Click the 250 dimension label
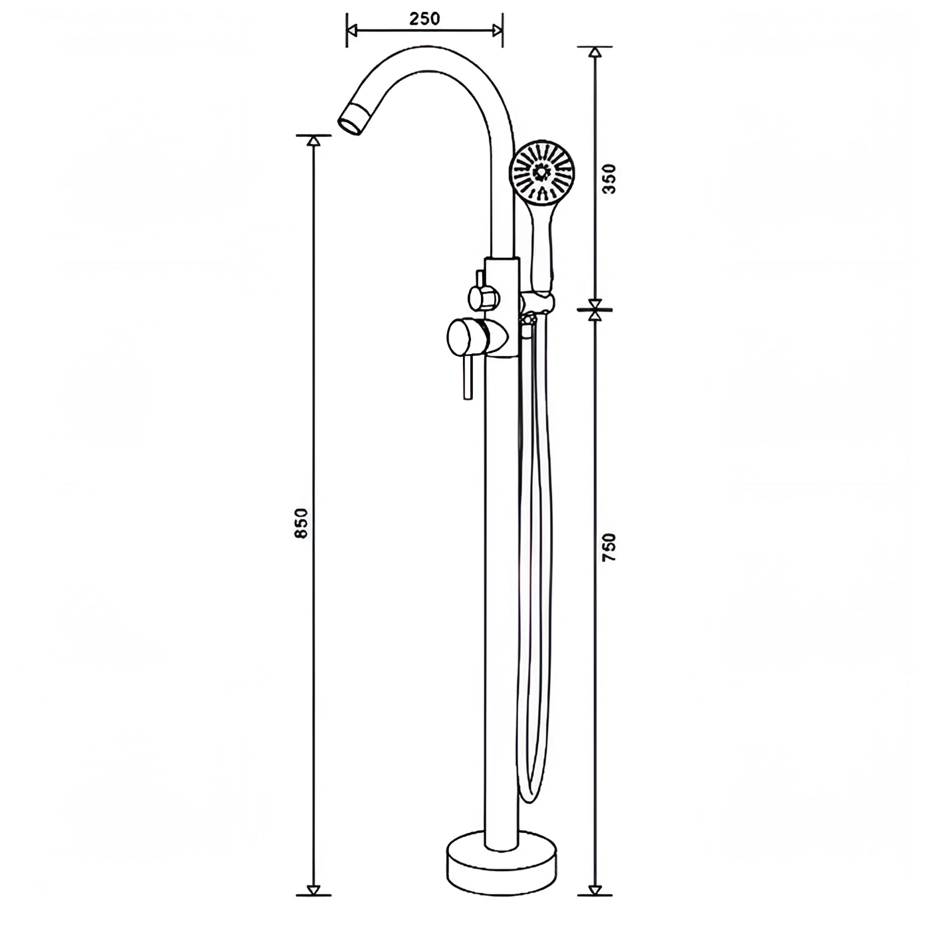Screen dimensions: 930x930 pos(424,19)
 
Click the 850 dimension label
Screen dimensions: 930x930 pos(301,523)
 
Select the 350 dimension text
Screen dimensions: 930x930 pos(610,179)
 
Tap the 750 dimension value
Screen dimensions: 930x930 pos(610,547)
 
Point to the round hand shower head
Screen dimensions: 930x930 pos(543,171)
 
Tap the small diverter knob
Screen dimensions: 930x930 pos(481,296)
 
